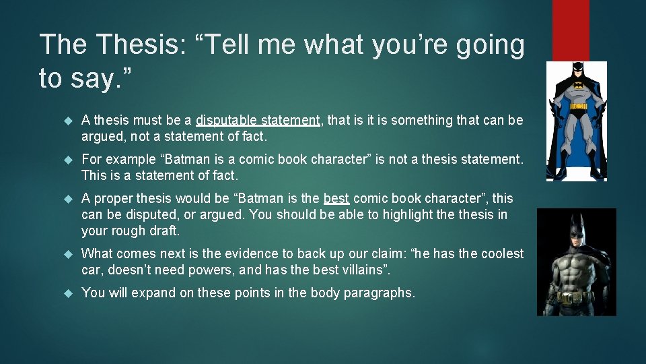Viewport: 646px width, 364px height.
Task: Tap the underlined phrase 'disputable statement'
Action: (x=258, y=121)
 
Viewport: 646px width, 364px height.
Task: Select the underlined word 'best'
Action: (x=336, y=199)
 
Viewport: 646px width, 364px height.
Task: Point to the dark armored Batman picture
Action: (x=576, y=262)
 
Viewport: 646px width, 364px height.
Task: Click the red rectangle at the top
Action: (x=570, y=30)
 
